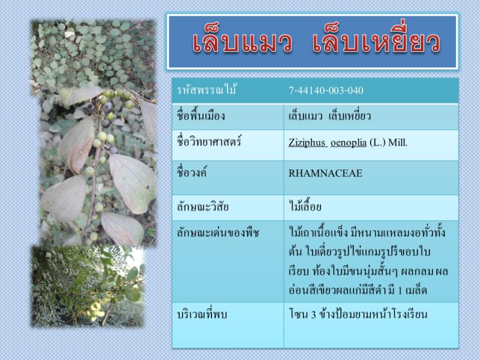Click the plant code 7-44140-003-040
point(326,90)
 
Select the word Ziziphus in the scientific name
point(307,142)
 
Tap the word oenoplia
point(348,143)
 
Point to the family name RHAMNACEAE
point(325,173)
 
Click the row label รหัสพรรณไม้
point(207,90)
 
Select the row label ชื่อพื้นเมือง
point(201,116)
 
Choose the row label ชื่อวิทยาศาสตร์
point(209,141)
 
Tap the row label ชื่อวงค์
point(192,172)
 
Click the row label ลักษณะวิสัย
point(202,207)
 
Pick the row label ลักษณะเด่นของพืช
point(218,233)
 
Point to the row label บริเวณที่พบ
point(202,314)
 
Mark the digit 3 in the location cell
point(313,315)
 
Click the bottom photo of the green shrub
point(88,285)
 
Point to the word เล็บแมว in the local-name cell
point(305,116)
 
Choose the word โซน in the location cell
point(298,314)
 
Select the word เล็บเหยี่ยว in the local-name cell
point(349,116)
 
